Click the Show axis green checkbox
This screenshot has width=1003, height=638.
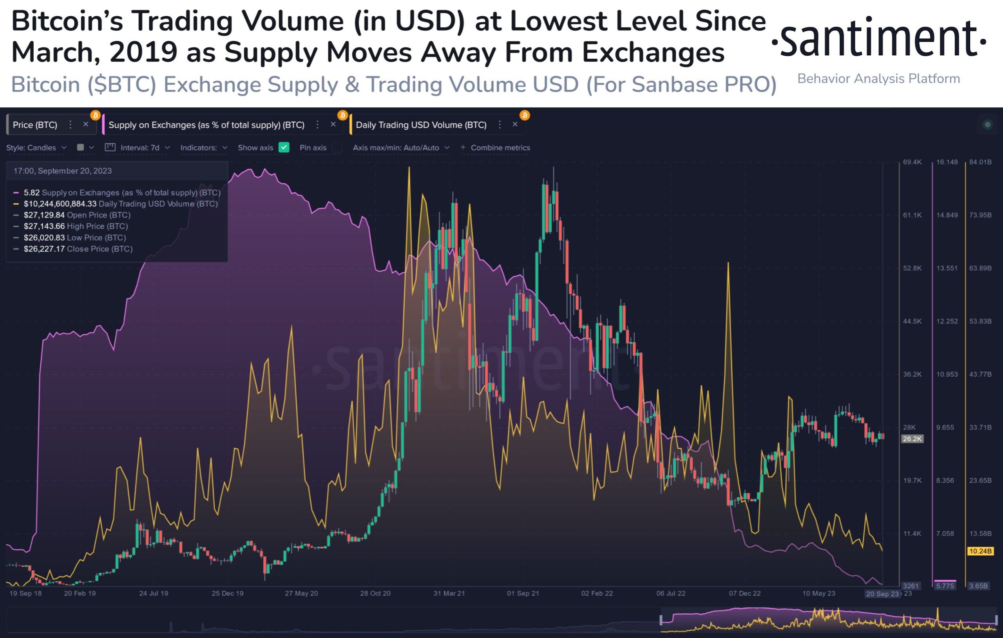coord(284,147)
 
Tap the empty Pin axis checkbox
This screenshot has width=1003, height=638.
coord(337,147)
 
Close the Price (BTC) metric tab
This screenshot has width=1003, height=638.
coord(86,125)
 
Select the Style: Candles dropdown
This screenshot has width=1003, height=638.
coord(36,147)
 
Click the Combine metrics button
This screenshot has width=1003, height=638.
coord(495,147)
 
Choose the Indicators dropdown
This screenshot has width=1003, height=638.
coord(204,147)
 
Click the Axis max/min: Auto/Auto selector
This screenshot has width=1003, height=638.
coord(401,147)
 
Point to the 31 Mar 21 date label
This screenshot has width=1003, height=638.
coord(449,593)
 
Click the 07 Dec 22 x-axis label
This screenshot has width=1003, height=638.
coord(745,593)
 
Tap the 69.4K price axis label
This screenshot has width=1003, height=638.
coord(912,162)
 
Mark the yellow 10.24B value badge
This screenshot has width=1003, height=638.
coord(980,551)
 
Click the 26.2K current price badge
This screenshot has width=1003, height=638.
coord(912,439)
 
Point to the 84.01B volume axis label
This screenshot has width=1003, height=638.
coord(980,162)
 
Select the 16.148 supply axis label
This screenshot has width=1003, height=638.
coord(947,162)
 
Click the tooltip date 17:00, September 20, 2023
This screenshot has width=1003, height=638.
coord(62,171)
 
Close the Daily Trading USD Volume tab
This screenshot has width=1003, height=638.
coord(515,125)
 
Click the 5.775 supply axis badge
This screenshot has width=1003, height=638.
coord(945,586)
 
